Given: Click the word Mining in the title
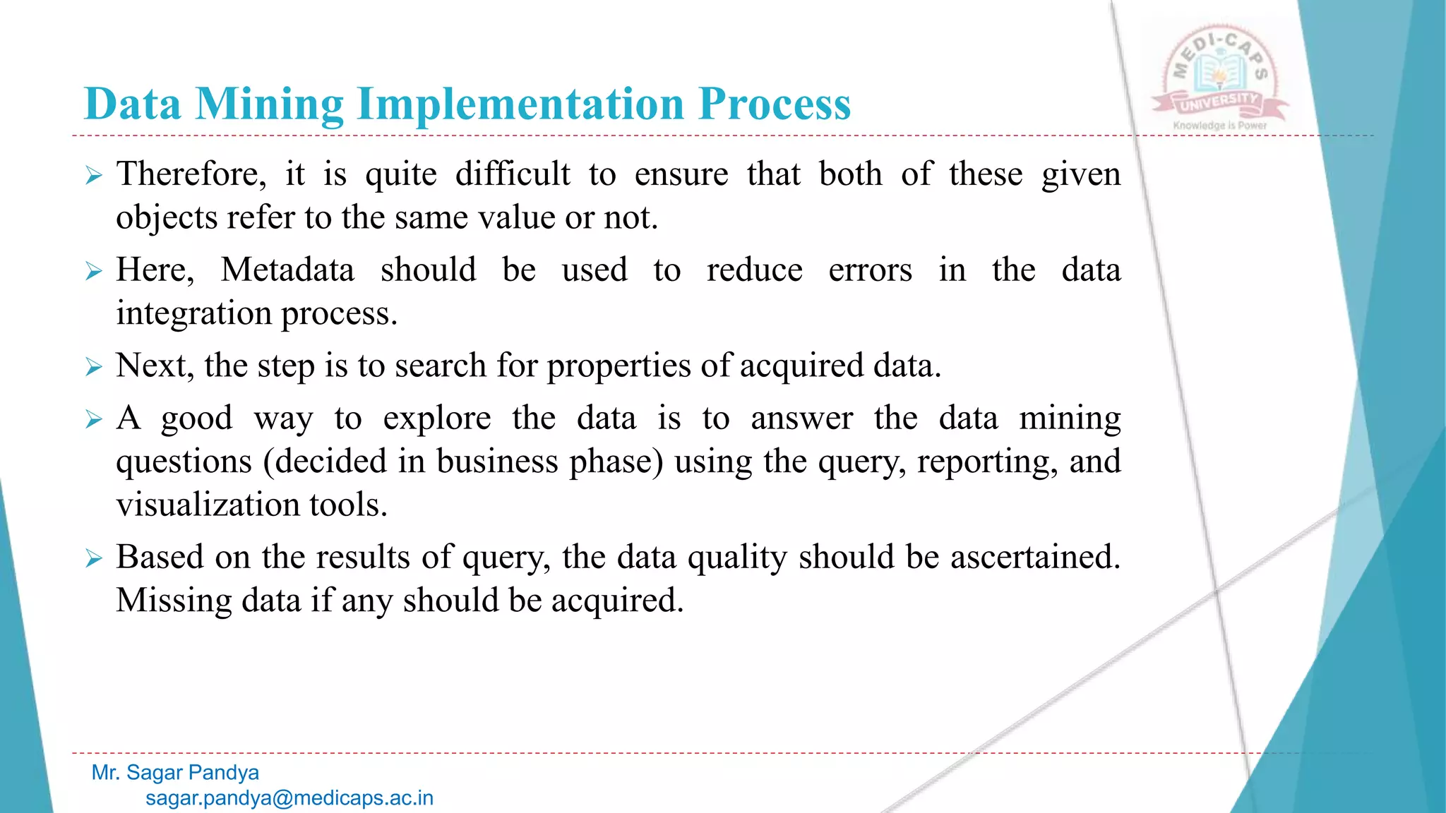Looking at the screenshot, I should (x=269, y=104).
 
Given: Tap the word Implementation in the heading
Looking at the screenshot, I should (x=521, y=104).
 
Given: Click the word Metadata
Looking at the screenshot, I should (x=287, y=270).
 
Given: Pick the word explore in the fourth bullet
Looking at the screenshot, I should (x=436, y=418).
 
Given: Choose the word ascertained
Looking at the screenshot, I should (x=1035, y=557).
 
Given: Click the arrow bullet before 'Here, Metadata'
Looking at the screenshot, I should (x=94, y=271).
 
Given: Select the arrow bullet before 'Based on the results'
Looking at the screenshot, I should (x=94, y=558).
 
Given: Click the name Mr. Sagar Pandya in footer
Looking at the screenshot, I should (x=175, y=773).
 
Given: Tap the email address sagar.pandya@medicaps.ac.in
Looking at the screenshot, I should (x=289, y=798).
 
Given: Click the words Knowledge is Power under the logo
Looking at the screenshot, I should (x=1219, y=126).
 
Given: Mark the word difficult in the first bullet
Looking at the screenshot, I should (x=513, y=174).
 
